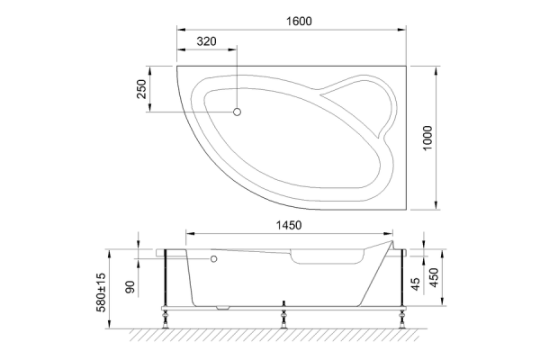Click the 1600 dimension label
299,22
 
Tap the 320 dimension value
207,41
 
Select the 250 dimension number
141,89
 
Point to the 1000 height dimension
427,138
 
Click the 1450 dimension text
289,225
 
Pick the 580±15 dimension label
101,292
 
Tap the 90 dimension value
130,287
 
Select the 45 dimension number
416,284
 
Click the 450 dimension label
435,277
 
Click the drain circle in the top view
237,112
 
